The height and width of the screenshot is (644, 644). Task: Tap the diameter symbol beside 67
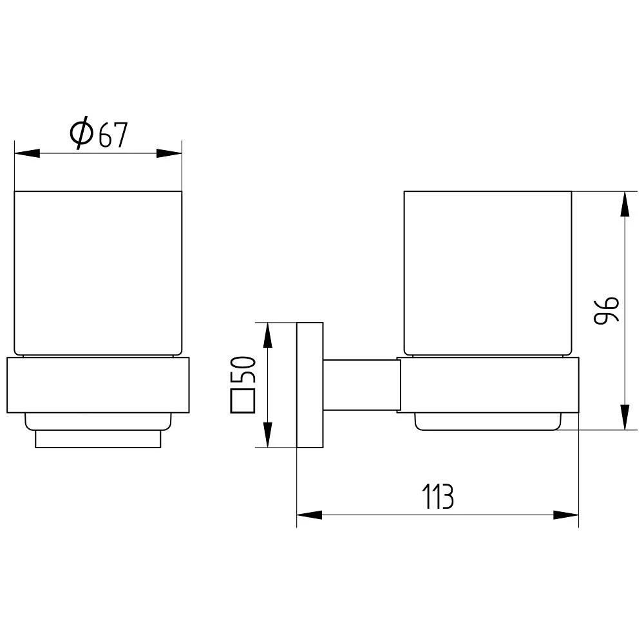(81, 133)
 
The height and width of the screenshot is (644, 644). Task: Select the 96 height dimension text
(606, 310)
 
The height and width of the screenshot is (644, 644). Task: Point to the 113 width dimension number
(438, 497)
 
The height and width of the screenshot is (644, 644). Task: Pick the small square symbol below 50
(243, 401)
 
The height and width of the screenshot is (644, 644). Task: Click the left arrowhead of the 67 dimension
(27, 153)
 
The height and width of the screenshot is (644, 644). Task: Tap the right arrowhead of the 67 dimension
(169, 153)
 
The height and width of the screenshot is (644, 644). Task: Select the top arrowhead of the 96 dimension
(625, 204)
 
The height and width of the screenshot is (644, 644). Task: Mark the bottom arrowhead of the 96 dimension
(625, 417)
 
